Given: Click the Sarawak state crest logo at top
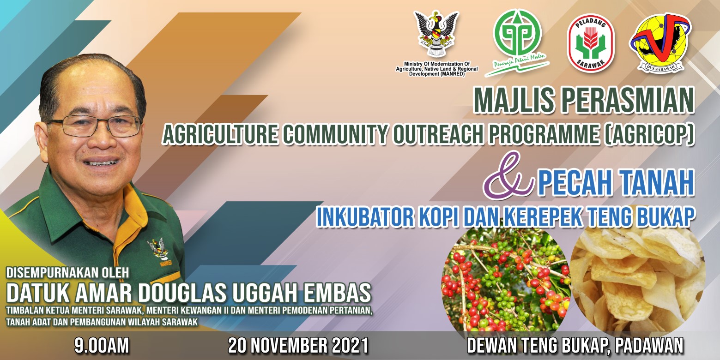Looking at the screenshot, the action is coord(436,34).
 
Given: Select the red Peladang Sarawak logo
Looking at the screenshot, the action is coord(591,43).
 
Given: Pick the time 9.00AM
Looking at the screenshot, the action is coord(102,346).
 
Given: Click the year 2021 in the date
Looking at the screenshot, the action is coord(350,346).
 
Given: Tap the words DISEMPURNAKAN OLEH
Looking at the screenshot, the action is coord(67,273).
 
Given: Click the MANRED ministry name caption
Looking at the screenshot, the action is coord(436,69).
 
